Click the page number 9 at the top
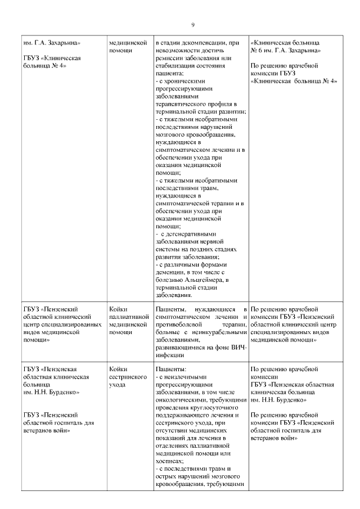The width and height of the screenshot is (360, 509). (x=192, y=25)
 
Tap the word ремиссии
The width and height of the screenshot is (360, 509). (x=169, y=58)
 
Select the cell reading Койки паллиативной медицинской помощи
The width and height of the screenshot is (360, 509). (x=129, y=321)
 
